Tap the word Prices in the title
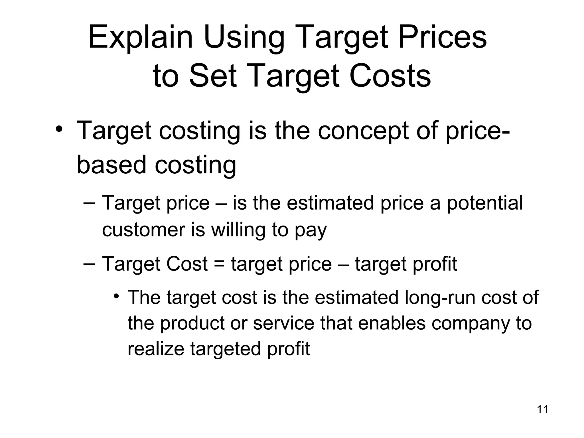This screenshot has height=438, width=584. (x=442, y=37)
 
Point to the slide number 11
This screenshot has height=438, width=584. (x=542, y=409)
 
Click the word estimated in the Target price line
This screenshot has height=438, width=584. (x=330, y=203)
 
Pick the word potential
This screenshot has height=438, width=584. (x=484, y=204)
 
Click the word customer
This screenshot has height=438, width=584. (x=143, y=230)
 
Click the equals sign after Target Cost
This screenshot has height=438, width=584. (x=219, y=264)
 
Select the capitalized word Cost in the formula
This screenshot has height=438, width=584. (x=187, y=263)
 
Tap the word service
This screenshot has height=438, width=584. (x=283, y=323)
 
